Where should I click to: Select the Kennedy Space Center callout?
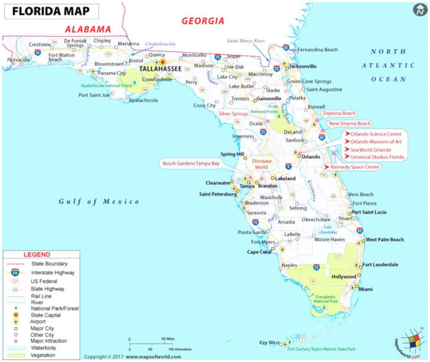coord(351,167)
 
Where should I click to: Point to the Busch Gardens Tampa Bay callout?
coord(191,163)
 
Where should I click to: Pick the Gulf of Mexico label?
coord(99,202)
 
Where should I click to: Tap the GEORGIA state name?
coord(203,21)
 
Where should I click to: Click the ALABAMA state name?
coord(87,29)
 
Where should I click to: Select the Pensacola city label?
coord(18,60)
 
